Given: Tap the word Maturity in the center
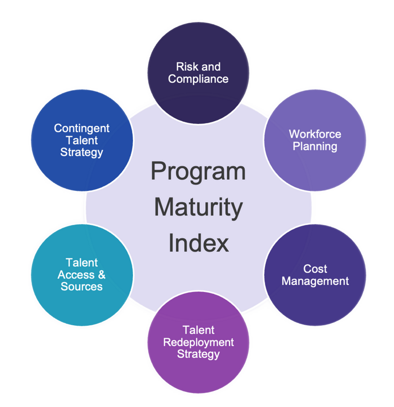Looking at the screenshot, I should coord(198,208).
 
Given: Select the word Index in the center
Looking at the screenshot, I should coord(198,243).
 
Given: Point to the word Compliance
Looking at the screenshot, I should coord(198,79).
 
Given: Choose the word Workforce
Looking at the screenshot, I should coord(315,134).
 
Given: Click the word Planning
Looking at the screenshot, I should coord(315,146).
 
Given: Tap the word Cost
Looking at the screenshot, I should coord(315,269).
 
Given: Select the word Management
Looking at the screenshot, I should coord(315,282).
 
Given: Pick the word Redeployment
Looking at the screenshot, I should coord(198,342).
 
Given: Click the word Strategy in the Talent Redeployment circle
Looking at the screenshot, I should coord(198,354).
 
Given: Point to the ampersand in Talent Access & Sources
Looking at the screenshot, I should coord(101,275).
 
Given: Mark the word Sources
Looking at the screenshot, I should coord(82,286).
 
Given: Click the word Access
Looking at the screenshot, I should coord(77,275).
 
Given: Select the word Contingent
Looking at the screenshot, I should coord(82,128).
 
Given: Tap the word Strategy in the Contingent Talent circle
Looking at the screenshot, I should coord(82,152).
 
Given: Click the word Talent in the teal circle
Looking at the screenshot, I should coord(82,263).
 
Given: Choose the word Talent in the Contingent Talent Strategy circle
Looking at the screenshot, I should coord(82,140).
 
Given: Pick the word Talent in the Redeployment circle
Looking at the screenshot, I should coord(198,330).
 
